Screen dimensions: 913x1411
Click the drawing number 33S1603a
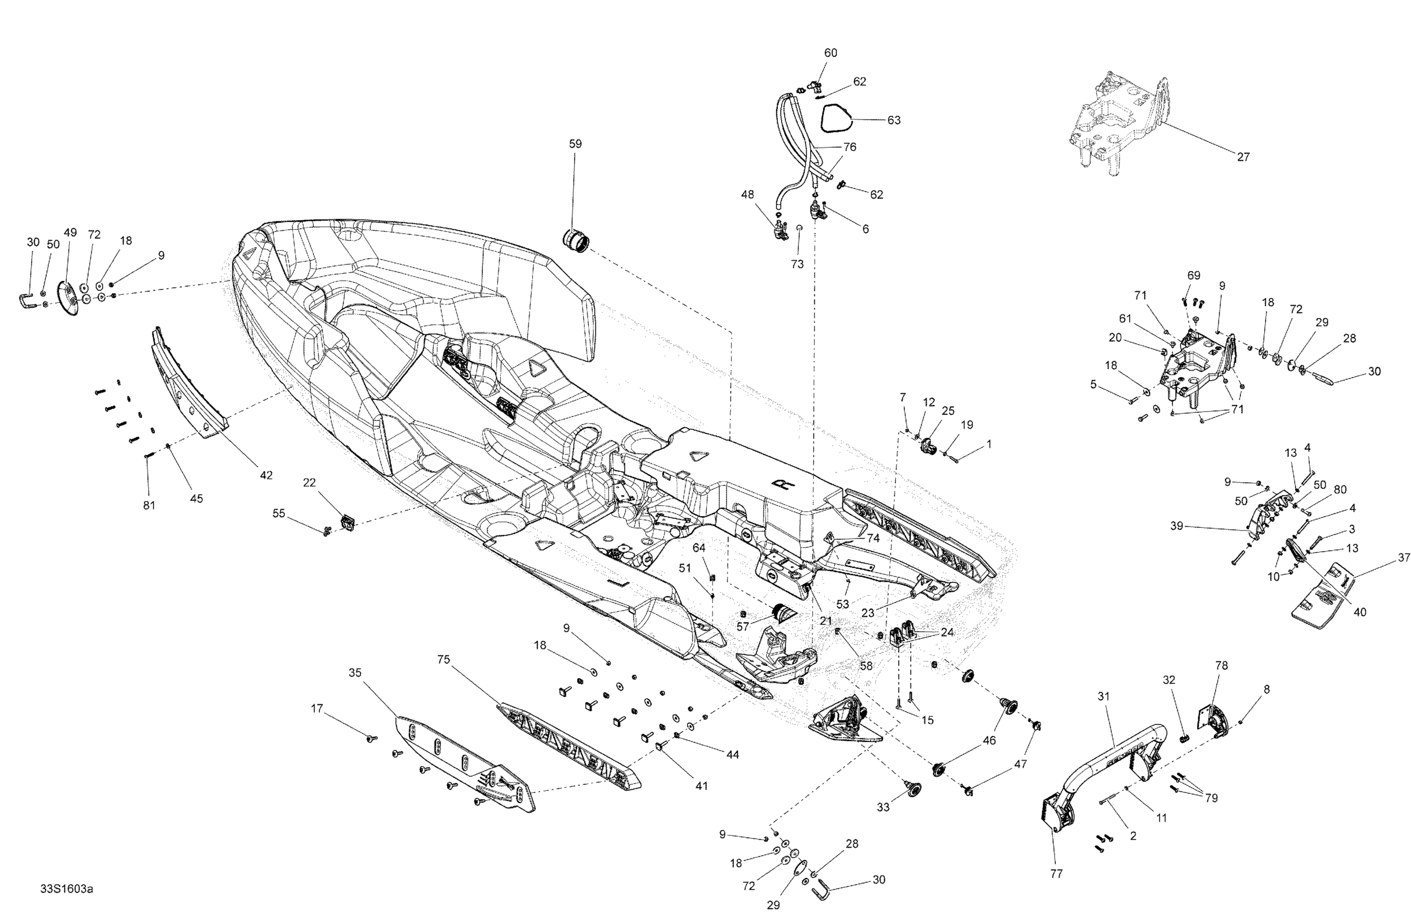click(66, 889)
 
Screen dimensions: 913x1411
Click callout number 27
click(1243, 157)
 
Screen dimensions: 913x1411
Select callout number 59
click(575, 144)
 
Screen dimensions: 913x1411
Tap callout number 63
click(894, 120)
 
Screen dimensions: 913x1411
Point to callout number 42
click(266, 475)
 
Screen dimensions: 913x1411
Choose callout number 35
click(355, 673)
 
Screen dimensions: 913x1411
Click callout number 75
click(444, 660)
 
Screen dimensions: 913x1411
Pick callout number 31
click(1103, 697)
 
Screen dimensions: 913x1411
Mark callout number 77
click(1056, 874)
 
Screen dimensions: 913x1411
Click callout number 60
click(831, 53)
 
